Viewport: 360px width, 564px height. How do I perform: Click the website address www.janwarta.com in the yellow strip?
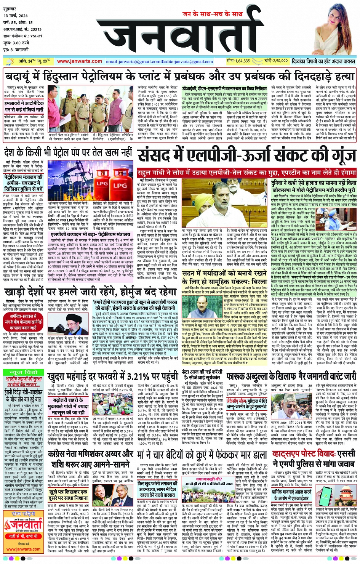click(79, 61)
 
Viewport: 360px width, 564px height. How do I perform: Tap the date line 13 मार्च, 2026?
click(16, 16)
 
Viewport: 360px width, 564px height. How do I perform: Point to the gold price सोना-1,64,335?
click(238, 61)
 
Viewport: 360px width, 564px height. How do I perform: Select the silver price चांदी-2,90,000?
click(276, 61)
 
